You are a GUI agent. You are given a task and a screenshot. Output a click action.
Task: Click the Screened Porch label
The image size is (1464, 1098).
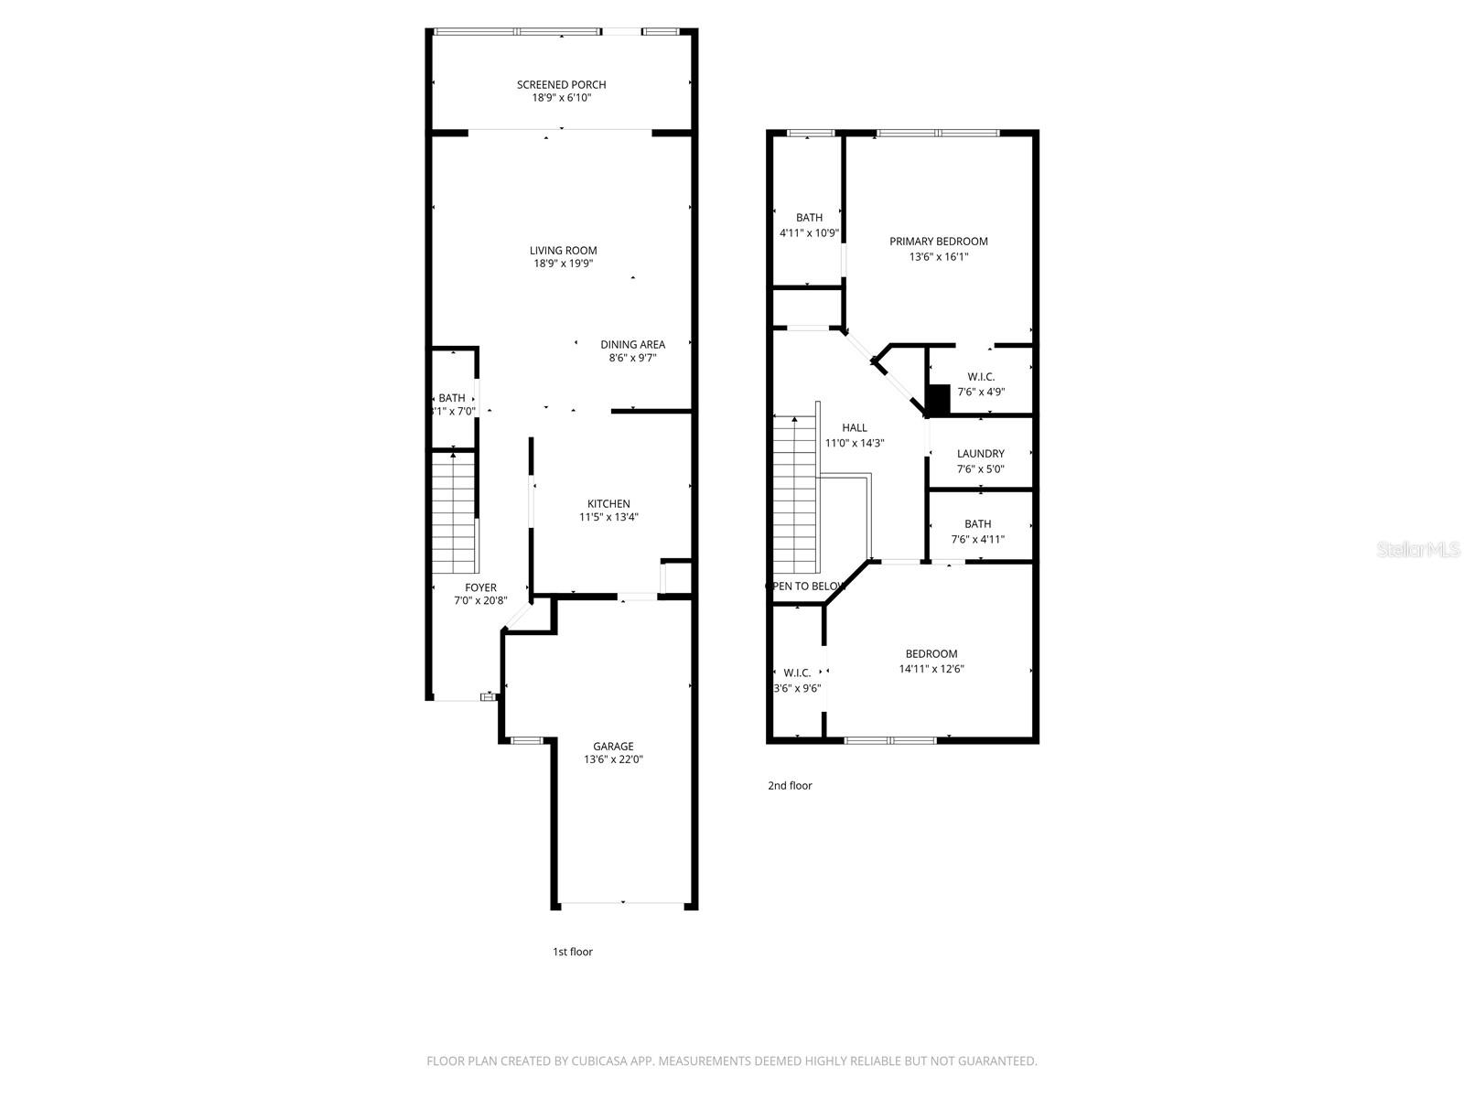561,85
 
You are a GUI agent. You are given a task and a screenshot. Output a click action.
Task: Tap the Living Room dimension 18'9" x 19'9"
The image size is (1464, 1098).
564,264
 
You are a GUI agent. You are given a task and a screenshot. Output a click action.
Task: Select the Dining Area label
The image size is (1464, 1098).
632,345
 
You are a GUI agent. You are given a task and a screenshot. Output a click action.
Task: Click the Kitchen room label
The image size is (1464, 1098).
608,504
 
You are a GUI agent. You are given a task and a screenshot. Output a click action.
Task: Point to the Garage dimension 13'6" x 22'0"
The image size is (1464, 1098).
613,759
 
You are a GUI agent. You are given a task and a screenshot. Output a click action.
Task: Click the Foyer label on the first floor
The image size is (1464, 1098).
480,588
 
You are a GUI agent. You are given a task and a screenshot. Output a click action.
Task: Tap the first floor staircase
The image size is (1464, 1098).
454,512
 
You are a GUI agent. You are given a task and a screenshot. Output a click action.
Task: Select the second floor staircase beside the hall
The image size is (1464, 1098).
794,494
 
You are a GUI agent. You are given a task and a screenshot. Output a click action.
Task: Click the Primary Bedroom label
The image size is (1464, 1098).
939,242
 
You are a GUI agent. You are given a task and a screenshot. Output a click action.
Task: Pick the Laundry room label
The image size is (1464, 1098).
980,454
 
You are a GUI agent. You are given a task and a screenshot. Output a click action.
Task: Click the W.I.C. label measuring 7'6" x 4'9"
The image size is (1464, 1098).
981,377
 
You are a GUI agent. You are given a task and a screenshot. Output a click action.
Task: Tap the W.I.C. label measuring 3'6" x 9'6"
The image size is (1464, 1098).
797,673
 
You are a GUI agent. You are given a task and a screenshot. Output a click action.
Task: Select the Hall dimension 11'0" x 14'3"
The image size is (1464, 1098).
855,443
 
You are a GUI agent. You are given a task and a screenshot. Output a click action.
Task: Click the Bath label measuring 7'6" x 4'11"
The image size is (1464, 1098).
977,524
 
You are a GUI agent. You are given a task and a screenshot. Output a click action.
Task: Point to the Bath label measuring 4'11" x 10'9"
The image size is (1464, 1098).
809,218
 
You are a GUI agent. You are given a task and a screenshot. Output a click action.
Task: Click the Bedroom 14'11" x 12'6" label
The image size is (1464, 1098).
931,654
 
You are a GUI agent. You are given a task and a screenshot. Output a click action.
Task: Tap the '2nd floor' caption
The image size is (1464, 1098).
790,785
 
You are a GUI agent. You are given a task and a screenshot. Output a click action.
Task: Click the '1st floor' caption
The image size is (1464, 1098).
573,952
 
